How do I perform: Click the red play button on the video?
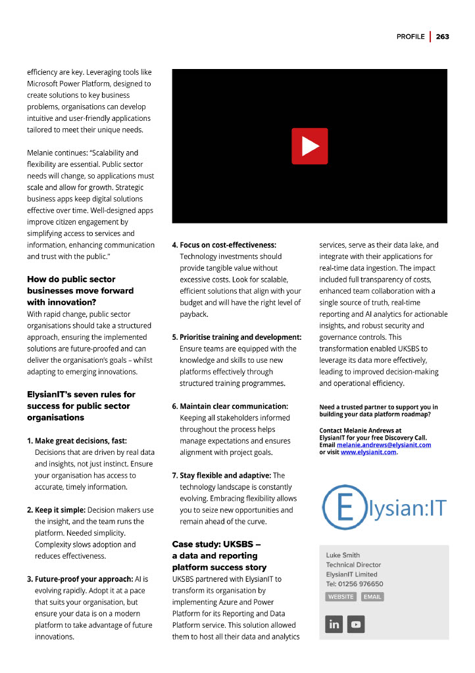point(309,146)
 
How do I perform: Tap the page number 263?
point(442,37)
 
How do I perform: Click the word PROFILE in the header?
point(410,37)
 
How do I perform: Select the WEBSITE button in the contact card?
point(341,597)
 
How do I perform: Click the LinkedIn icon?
point(334,624)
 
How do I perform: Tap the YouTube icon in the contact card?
point(356,624)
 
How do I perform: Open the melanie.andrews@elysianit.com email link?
point(384,445)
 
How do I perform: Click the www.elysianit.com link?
point(368,452)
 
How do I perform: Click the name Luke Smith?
point(343,555)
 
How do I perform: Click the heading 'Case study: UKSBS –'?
point(216,544)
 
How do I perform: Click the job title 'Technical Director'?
point(353,565)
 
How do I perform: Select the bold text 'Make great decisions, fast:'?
point(80,440)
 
